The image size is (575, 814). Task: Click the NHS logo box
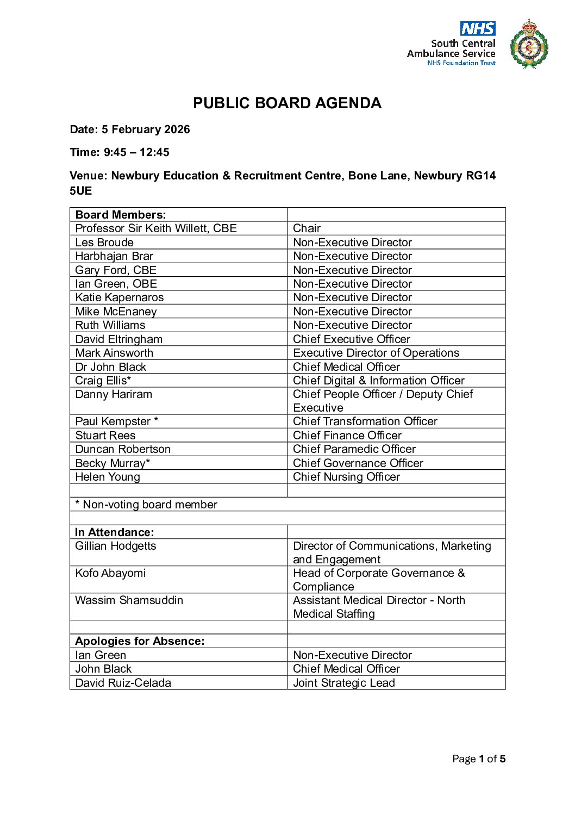(477, 28)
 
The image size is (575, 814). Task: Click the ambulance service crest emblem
(529, 45)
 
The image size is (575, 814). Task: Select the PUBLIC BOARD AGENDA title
(287, 103)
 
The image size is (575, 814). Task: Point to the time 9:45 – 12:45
(136, 152)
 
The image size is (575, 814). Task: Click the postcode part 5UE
(81, 191)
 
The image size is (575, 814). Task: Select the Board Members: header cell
(121, 215)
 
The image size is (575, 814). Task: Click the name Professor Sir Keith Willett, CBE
(156, 228)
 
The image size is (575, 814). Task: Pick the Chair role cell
(307, 228)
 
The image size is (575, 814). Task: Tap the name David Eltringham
(118, 339)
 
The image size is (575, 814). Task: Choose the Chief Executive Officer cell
(351, 339)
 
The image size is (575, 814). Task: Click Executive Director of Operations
(376, 353)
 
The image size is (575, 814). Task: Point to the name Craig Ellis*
(103, 381)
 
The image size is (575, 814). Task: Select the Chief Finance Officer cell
(347, 436)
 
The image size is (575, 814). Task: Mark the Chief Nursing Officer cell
(346, 477)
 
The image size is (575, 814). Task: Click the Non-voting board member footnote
(146, 505)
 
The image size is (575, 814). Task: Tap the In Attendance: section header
(115, 532)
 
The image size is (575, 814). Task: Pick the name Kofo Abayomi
(110, 573)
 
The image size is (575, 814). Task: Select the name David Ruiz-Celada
(123, 683)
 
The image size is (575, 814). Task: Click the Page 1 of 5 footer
(478, 759)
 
